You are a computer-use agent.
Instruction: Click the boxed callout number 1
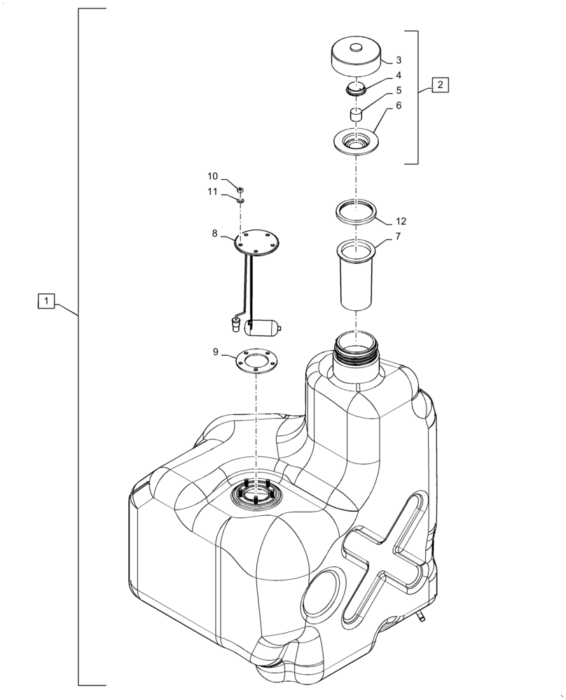[x=46, y=302]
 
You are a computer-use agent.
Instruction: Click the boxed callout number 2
[x=440, y=85]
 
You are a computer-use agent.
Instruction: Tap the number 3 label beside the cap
[x=398, y=60]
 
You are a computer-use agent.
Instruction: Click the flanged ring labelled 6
[x=357, y=142]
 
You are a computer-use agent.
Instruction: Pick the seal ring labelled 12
[x=357, y=210]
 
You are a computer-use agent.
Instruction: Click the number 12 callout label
[x=401, y=221]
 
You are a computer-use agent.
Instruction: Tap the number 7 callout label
[x=398, y=237]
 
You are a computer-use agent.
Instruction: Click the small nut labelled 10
[x=240, y=190]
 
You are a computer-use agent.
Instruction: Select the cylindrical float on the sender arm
[x=263, y=326]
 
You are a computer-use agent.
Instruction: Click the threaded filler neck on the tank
[x=357, y=348]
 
